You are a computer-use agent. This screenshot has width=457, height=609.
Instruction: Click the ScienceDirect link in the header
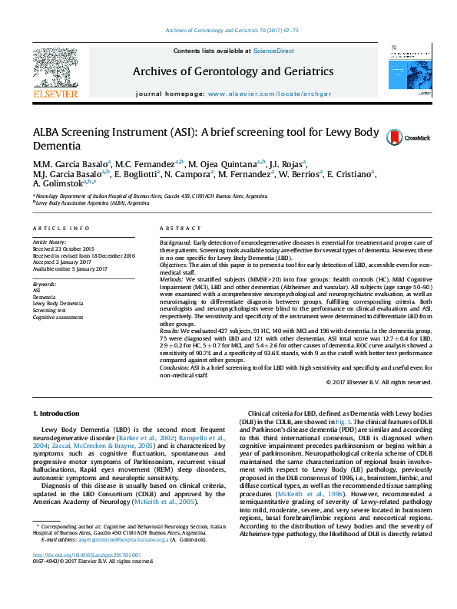click(x=274, y=51)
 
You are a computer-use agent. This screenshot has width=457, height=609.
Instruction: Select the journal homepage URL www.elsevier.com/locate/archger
click(x=260, y=93)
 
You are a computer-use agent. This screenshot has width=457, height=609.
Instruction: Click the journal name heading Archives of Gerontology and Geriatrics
click(x=233, y=71)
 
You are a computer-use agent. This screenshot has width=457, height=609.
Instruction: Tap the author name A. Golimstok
click(x=58, y=184)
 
